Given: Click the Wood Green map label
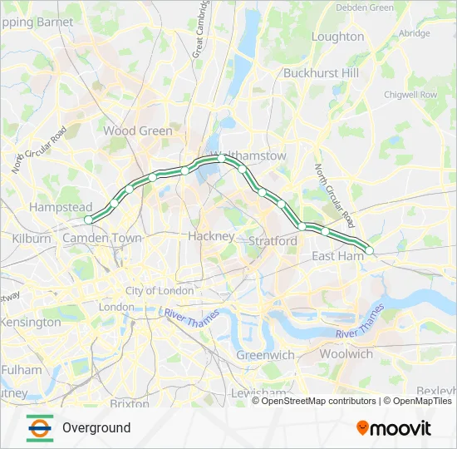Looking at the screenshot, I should click(138, 131).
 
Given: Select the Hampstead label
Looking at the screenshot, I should click(61, 206).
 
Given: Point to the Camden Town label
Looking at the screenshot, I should click(102, 238).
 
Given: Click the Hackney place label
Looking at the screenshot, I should click(211, 236).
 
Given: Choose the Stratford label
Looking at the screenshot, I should click(273, 241).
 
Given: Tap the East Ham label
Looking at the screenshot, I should click(338, 256).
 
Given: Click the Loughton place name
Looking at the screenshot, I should click(337, 37).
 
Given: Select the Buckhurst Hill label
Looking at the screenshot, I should click(322, 72).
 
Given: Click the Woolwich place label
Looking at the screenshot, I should click(346, 353).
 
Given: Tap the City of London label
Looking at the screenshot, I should click(160, 291).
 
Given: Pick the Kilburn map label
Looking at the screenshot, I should click(32, 239).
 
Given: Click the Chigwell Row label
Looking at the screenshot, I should click(410, 95).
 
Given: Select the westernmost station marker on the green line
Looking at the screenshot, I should click(88, 220).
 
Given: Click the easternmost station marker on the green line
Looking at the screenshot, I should click(370, 250).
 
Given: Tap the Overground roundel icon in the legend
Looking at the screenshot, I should click(39, 427).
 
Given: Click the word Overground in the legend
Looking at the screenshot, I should click(96, 428).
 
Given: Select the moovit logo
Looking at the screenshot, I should click(394, 428).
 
